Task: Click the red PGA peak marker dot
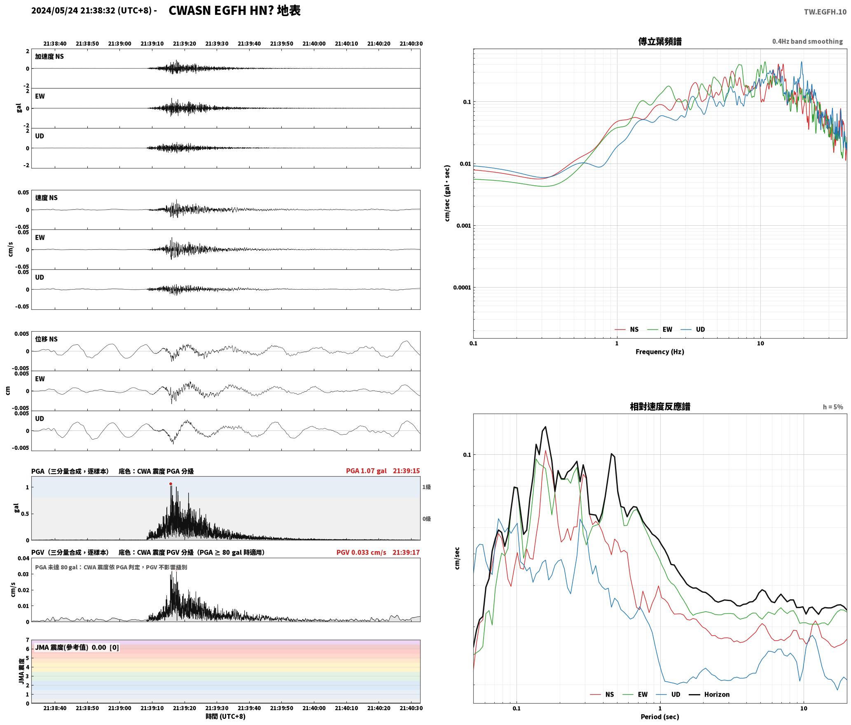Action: click(171, 484)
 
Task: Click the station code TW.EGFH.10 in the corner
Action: click(825, 12)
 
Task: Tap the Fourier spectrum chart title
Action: click(660, 42)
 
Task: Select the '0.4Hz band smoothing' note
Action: click(807, 42)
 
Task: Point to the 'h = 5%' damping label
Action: click(833, 407)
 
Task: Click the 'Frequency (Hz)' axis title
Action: click(660, 352)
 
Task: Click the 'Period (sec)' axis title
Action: click(660, 717)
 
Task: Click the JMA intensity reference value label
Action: click(77, 648)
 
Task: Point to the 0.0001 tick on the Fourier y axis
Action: click(462, 288)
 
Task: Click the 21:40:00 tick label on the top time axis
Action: click(314, 44)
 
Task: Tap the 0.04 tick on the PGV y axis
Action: click(24, 559)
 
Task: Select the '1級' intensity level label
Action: click(426, 487)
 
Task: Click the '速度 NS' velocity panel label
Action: click(46, 198)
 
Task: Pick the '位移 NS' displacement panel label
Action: click(46, 339)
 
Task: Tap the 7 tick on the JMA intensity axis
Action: click(28, 640)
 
